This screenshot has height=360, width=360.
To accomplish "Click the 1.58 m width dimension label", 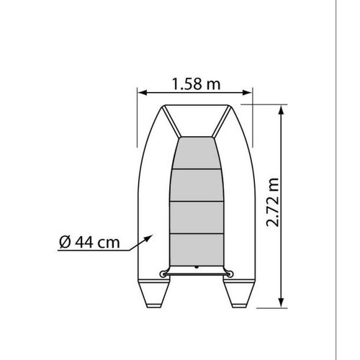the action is point(196,84).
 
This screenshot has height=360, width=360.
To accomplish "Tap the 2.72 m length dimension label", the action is point(273,202).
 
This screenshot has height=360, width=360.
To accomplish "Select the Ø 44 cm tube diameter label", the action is point(89,242).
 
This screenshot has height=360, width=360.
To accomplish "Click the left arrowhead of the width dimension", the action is point(143,93).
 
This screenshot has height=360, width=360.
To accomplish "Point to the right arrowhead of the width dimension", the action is point(247,93).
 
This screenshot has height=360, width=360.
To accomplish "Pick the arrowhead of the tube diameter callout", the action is point(148,238).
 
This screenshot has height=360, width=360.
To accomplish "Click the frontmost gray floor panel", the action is point(197,153).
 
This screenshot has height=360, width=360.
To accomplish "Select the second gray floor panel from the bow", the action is point(197,185).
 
